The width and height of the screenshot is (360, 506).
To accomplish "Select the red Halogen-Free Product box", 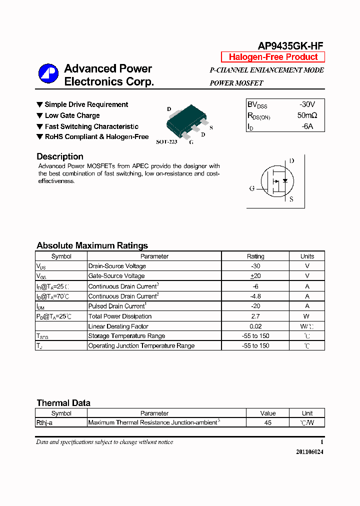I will point(273,57).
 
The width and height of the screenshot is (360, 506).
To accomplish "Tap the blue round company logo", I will point(48,74).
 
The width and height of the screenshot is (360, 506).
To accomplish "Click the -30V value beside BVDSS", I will point(307,104).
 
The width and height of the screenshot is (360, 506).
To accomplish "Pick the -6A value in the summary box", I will point(307,126).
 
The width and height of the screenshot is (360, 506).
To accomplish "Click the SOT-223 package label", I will point(166,142).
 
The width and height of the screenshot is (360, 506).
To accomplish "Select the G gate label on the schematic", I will point(252,188).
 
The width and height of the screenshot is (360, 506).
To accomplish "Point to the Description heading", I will point(60,156).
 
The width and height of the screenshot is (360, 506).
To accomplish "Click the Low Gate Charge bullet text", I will point(72,115).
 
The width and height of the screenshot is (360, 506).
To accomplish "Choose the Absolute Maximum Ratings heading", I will point(92,245).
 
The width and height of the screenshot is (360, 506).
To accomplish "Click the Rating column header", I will point(255,256).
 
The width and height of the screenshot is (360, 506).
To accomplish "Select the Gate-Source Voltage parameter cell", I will point(116,276).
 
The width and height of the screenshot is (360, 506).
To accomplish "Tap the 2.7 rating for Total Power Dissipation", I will point(255,316).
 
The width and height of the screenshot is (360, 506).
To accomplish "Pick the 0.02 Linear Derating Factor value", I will point(255,326).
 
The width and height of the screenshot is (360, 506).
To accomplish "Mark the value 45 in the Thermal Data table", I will point(268,422).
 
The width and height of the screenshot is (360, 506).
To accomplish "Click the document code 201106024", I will point(309,451).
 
